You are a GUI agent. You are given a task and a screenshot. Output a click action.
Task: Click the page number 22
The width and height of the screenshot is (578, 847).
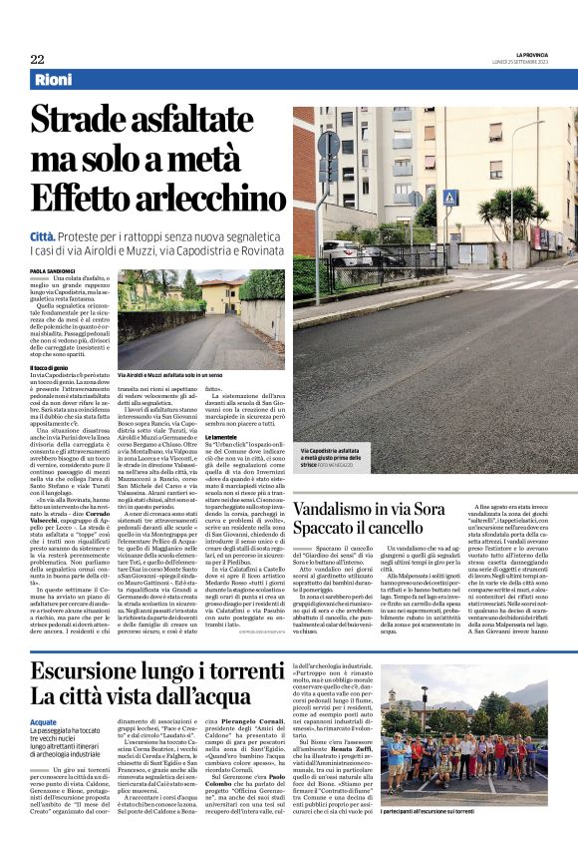click(x=37, y=59)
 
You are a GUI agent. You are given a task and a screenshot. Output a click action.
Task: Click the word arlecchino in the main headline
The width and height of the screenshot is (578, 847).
click(x=210, y=199)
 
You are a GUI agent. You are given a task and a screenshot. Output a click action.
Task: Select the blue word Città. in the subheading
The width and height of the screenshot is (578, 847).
click(x=48, y=235)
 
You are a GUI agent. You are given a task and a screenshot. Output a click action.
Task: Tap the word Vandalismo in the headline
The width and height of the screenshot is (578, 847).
click(x=344, y=511)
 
